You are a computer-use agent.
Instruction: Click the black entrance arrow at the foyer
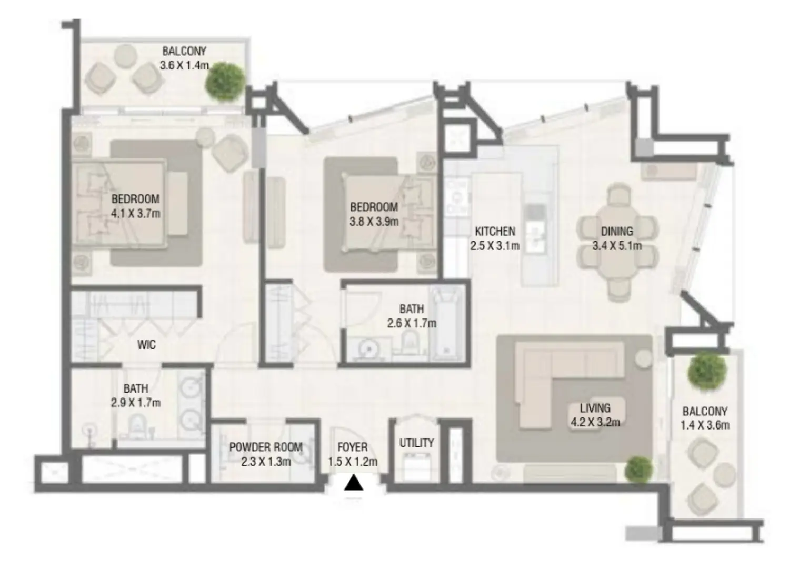point(354,483)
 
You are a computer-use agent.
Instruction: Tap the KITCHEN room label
point(494,232)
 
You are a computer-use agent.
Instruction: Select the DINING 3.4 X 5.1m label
point(617,238)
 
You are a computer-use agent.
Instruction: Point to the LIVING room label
point(595,408)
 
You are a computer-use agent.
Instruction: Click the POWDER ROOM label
point(265,448)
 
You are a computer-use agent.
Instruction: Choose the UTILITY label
point(416,443)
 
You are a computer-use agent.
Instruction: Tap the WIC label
point(146,346)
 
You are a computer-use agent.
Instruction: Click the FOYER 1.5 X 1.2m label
point(352,455)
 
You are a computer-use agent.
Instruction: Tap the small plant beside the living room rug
point(640,468)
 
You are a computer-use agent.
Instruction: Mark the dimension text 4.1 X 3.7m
point(135,214)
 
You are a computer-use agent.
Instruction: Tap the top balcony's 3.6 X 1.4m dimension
point(184,66)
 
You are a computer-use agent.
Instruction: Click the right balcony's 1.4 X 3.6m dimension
point(705,425)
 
